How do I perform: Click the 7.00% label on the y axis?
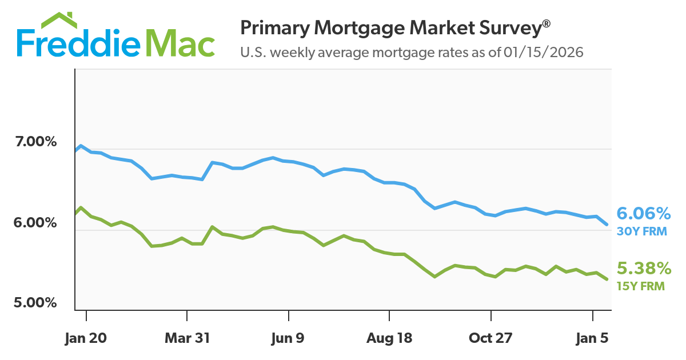[x=36, y=141]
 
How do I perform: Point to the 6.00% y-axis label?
[x=36, y=222]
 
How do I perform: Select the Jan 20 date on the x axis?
[x=86, y=338]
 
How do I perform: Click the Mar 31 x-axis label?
[x=187, y=338]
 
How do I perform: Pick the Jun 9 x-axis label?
[x=288, y=338]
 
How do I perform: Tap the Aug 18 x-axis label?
[x=389, y=338]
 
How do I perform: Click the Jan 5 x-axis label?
[x=592, y=338]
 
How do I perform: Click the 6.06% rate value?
[x=644, y=214]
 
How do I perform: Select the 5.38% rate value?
[x=644, y=269]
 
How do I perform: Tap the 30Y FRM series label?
[x=640, y=232]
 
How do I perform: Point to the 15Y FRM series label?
[x=640, y=286]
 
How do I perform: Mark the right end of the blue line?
[x=607, y=224]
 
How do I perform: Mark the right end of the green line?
[x=607, y=279]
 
